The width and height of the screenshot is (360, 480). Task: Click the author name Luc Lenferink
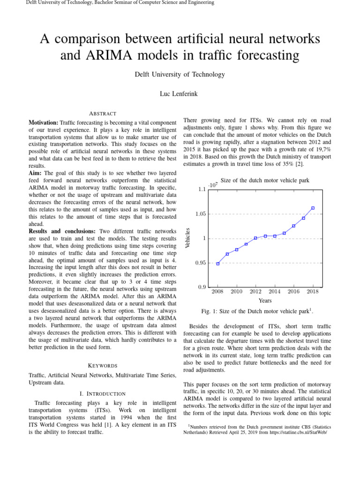(x=180, y=94)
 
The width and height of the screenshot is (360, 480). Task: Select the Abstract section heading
(x=102, y=113)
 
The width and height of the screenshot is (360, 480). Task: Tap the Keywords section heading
(x=102, y=365)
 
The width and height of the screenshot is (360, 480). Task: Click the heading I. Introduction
(x=102, y=393)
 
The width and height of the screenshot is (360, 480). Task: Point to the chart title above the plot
(x=264, y=180)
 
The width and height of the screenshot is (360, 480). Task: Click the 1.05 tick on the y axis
(x=201, y=214)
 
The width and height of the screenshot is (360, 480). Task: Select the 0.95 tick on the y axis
(x=201, y=263)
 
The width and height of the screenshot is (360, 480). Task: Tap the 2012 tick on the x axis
(x=255, y=292)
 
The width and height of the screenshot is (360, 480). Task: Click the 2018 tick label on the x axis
(x=313, y=292)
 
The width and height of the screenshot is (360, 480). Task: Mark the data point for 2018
(x=313, y=208)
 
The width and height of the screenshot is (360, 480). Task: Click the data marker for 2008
(x=217, y=263)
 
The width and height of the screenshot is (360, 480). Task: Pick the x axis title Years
(x=265, y=300)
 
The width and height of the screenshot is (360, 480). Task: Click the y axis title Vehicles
(x=188, y=238)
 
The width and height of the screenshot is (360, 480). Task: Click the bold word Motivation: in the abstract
(x=44, y=122)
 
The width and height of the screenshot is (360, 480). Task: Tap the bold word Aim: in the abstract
(x=36, y=173)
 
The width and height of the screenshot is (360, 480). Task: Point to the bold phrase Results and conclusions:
(x=62, y=231)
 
